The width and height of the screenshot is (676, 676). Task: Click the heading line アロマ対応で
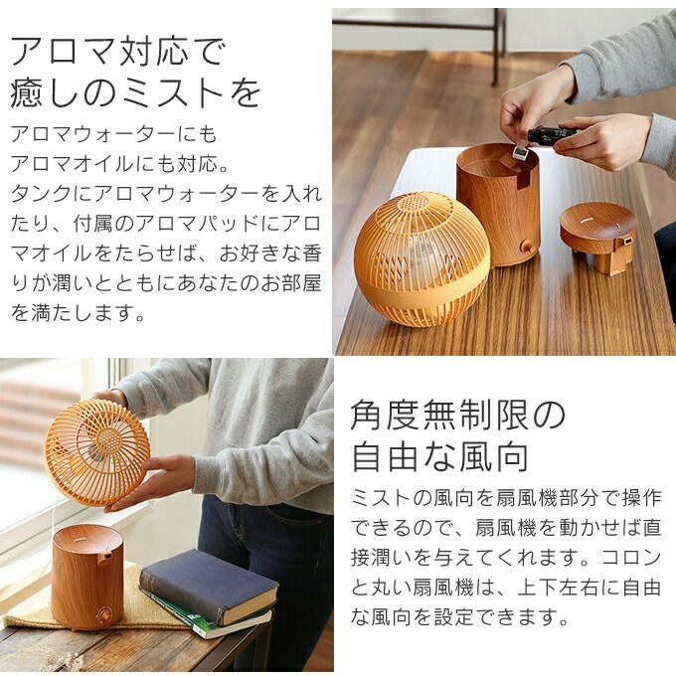coord(117,52)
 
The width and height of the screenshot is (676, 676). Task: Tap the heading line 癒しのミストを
coord(135,92)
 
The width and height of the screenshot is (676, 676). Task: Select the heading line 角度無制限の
coord(458,416)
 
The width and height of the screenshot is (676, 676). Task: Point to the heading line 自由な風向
coord(440,456)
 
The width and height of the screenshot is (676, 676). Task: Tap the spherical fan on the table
coord(422,260)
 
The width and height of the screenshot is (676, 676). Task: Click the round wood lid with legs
coord(598,238)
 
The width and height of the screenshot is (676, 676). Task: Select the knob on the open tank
coord(527,248)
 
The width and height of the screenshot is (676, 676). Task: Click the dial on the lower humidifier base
coord(103,613)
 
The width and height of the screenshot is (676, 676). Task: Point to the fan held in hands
coord(97,452)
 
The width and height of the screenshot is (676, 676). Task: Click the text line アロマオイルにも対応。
coord(119,164)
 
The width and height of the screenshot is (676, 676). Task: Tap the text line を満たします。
coord(78,312)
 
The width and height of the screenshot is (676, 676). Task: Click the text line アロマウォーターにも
coord(113,134)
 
